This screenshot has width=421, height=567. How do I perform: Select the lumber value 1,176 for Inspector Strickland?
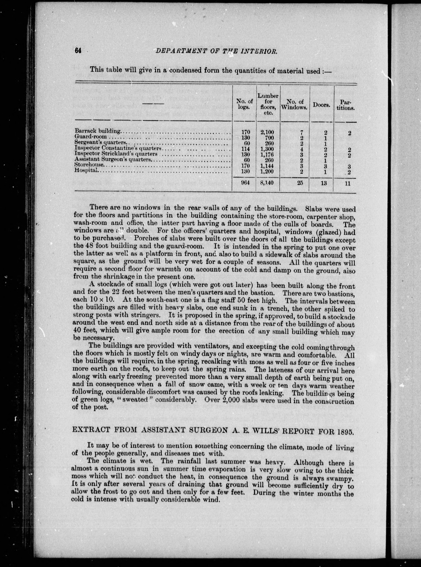(267, 154)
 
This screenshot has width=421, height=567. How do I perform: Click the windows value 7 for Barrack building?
(301, 133)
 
